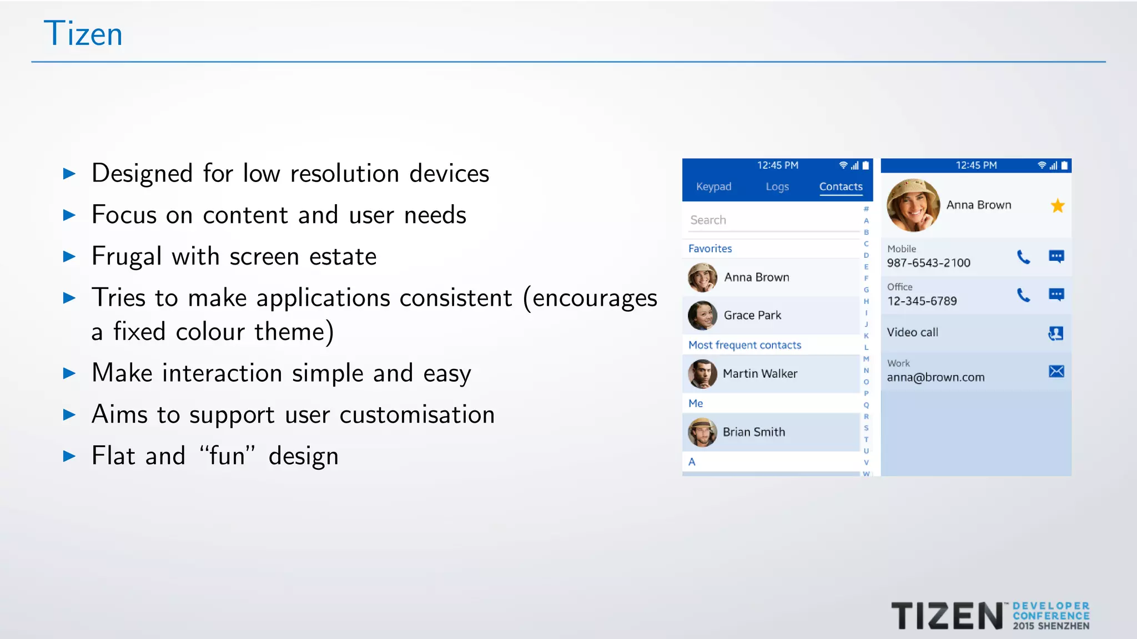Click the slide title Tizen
pyautogui.click(x=83, y=34)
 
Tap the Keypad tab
pyautogui.click(x=713, y=187)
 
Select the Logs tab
pyautogui.click(x=777, y=187)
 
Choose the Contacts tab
pyautogui.click(x=841, y=187)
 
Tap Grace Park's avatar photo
pyautogui.click(x=702, y=316)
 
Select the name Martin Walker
pyautogui.click(x=759, y=374)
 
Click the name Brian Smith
pyautogui.click(x=753, y=432)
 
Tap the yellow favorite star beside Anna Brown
pyautogui.click(x=1057, y=206)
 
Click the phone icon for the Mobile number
pyautogui.click(x=1023, y=257)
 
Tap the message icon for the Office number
pyautogui.click(x=1056, y=295)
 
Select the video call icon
pyautogui.click(x=1055, y=333)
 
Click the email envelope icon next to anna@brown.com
pyautogui.click(x=1056, y=371)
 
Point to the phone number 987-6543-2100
pyautogui.click(x=928, y=263)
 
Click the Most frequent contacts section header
pyautogui.click(x=744, y=345)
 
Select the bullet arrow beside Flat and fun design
pyautogui.click(x=69, y=457)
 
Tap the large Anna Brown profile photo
pyautogui.click(x=913, y=205)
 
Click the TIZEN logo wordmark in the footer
pyautogui.click(x=947, y=616)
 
